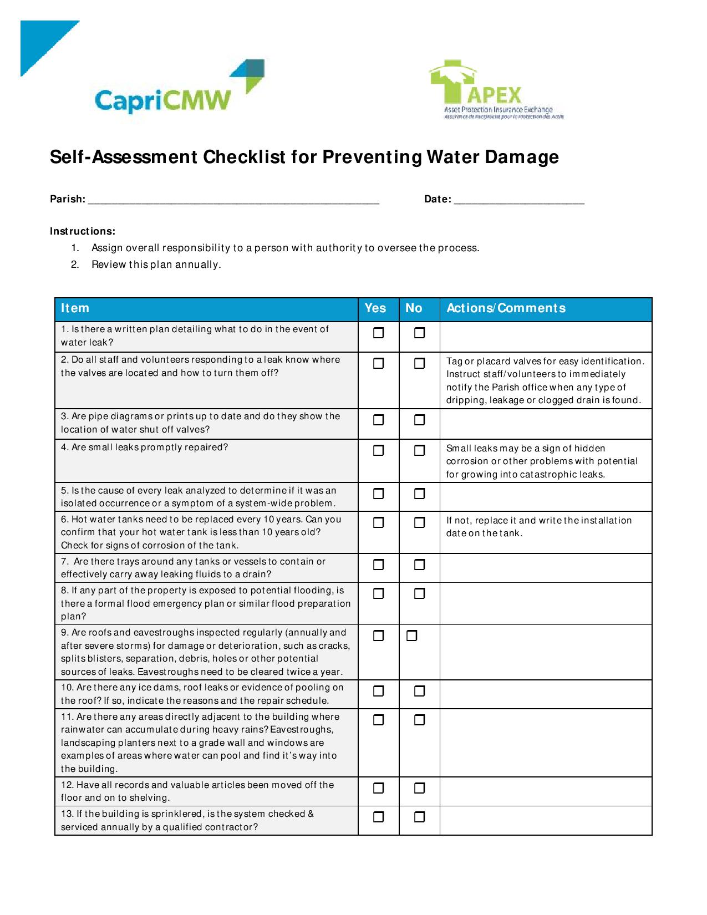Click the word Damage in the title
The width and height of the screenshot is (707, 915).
pos(522,157)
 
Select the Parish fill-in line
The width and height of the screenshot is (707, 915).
pos(233,200)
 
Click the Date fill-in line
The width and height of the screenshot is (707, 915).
pos(519,200)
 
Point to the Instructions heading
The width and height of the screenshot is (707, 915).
pos(83,231)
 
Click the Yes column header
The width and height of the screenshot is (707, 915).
pos(375,308)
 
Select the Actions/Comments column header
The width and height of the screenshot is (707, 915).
pos(506,308)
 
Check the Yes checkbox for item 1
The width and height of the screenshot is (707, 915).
pos(378,333)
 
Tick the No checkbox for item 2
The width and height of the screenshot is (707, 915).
pos(420,364)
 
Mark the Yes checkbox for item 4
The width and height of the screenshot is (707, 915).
pos(378,450)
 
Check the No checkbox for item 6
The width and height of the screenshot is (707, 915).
pos(420,522)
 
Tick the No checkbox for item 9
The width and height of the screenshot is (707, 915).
pos(411,636)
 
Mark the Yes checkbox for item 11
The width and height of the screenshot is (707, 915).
pos(378,720)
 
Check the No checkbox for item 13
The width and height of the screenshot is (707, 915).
pos(420,817)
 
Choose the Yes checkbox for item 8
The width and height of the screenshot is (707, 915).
pos(378,594)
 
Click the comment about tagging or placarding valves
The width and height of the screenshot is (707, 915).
pos(545,381)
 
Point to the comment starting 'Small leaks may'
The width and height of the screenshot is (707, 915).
pos(542,461)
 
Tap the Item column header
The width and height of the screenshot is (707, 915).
pos(75,308)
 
